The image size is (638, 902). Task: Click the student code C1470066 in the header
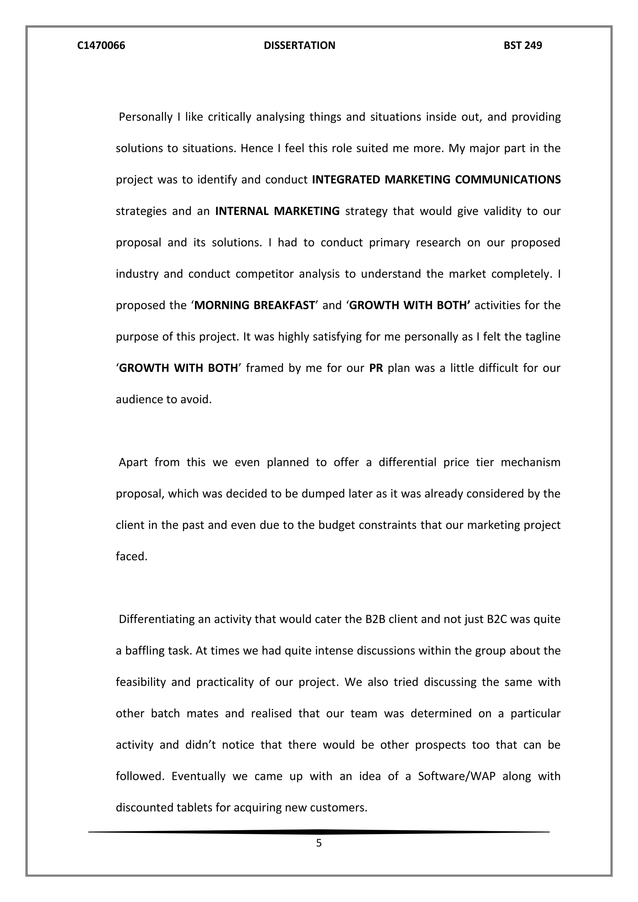(101, 45)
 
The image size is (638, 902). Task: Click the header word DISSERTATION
(299, 45)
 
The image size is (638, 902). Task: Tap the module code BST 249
(522, 45)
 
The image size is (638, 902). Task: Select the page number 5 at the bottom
(319, 843)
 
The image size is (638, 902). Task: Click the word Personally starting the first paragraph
(145, 117)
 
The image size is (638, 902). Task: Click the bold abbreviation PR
(376, 368)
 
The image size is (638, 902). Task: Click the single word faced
(131, 557)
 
